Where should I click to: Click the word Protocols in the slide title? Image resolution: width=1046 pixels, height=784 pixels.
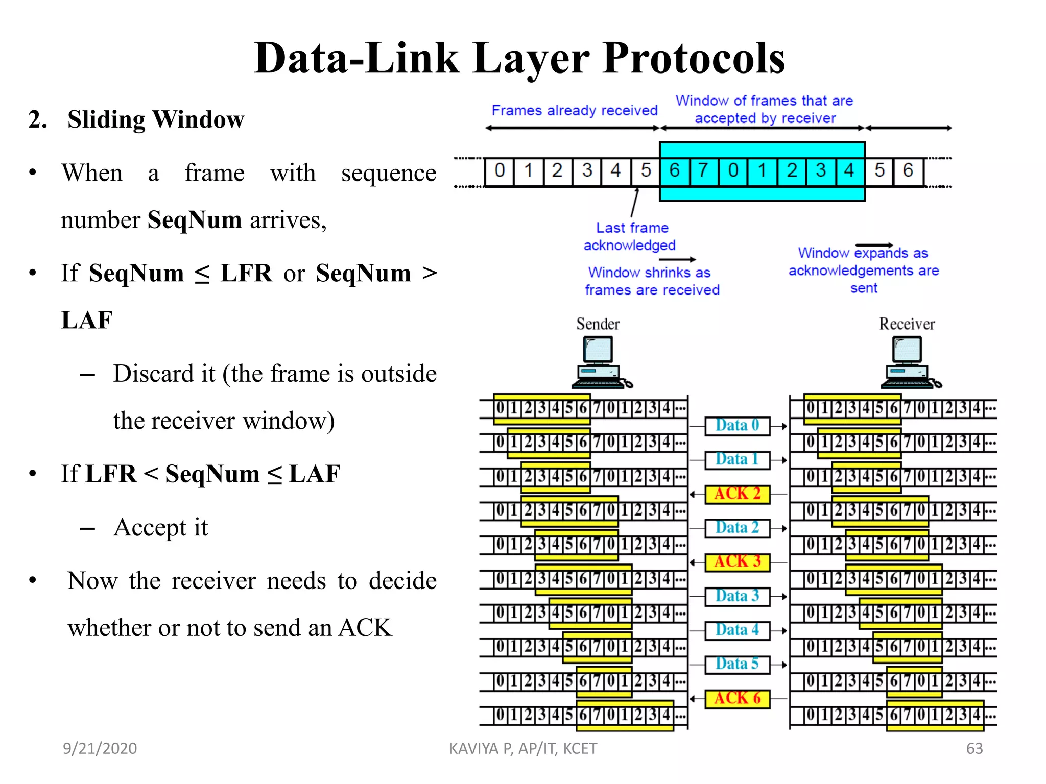coord(693,59)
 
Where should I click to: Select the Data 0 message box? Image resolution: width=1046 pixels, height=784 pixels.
coord(737,425)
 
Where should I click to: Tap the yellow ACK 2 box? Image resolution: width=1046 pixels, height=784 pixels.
coord(737,494)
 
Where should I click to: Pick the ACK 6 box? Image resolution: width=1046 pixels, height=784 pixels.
coord(737,698)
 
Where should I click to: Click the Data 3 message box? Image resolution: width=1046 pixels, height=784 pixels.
coord(737,596)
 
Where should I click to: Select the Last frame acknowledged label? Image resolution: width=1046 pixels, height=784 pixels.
coord(631,236)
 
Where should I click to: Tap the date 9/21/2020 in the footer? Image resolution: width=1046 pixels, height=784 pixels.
coord(100,748)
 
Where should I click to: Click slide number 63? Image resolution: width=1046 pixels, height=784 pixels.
coord(974,748)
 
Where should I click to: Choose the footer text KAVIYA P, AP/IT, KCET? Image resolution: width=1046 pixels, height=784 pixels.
coord(522,748)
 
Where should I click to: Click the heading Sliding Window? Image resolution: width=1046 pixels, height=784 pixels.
coord(156,119)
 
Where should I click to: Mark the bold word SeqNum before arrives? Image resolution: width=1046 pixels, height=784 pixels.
coord(194,220)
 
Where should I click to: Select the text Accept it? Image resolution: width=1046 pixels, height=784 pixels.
coord(160,527)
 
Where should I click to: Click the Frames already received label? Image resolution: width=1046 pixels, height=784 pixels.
coord(574,110)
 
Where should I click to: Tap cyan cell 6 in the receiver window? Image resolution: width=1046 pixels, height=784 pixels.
coord(674,170)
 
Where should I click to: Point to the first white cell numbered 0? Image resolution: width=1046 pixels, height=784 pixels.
coord(499,170)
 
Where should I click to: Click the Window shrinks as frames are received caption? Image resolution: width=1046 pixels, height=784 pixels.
coord(651,281)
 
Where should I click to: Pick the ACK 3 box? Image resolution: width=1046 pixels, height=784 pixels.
coord(737,561)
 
